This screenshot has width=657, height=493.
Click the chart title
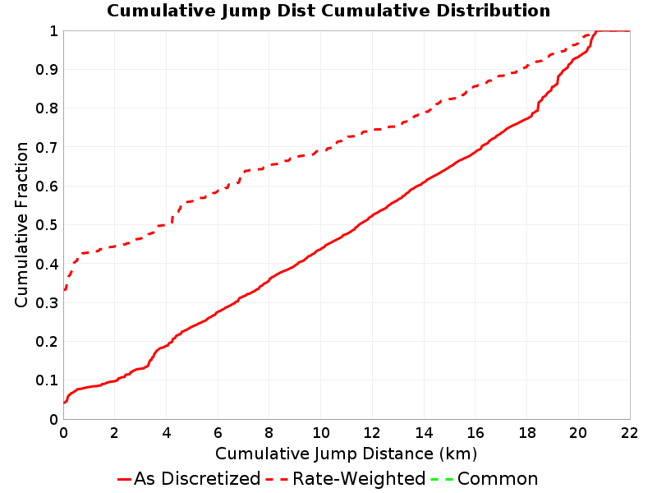pyautogui.click(x=328, y=11)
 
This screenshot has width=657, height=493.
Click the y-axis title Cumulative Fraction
pyautogui.click(x=21, y=224)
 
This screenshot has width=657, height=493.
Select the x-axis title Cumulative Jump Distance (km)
pyautogui.click(x=346, y=454)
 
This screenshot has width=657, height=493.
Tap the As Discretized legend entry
pyautogui.click(x=189, y=478)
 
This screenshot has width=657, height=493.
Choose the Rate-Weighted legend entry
pyautogui.click(x=346, y=478)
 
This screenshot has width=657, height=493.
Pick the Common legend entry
pyautogui.click(x=485, y=478)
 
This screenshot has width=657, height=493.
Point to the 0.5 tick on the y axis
pyautogui.click(x=47, y=225)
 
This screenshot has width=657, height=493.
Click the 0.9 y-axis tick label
pyautogui.click(x=47, y=70)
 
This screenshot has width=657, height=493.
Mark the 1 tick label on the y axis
pyautogui.click(x=53, y=31)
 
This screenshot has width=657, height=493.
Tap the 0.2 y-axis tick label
pyautogui.click(x=47, y=342)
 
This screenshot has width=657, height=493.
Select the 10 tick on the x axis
pyautogui.click(x=321, y=433)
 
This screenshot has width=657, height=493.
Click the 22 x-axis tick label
pyautogui.click(x=630, y=433)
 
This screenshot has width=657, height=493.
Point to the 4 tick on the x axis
pyautogui.click(x=167, y=433)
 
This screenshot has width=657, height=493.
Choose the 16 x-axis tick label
pyautogui.click(x=476, y=433)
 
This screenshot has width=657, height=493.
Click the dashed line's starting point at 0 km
pyautogui.click(x=64, y=290)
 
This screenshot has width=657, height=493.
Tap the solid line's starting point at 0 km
pyautogui.click(x=64, y=403)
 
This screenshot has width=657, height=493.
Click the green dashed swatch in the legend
pyautogui.click(x=442, y=479)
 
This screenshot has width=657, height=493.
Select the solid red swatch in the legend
pyautogui.click(x=125, y=479)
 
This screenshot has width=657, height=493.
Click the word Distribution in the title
pyautogui.click(x=494, y=11)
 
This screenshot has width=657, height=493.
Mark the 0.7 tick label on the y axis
pyautogui.click(x=47, y=148)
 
